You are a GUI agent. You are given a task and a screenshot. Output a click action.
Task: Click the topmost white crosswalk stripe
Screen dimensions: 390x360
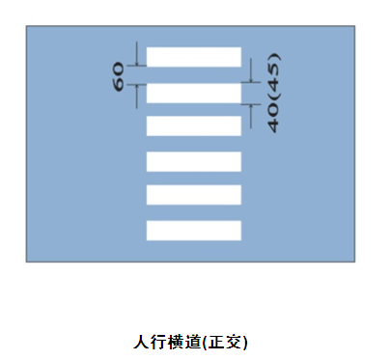tap(193, 56)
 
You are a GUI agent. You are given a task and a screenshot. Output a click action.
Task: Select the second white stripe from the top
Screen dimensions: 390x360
tap(193, 93)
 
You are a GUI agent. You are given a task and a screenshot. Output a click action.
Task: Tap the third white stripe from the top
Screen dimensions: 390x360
tap(193, 125)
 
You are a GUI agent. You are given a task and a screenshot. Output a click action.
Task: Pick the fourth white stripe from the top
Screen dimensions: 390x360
tap(193, 161)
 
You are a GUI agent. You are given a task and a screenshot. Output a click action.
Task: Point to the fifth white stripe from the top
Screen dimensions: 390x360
tap(193, 194)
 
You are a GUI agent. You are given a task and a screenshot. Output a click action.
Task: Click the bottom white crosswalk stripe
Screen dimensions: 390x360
tap(193, 230)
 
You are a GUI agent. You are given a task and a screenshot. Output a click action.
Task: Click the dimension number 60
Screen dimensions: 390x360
tap(119, 75)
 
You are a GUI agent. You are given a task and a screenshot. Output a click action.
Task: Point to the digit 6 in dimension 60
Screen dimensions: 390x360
tap(119, 82)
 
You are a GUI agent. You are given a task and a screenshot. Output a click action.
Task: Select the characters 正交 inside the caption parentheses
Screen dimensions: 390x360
tap(230, 342)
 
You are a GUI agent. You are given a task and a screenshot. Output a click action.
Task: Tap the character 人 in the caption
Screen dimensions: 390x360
tap(140, 342)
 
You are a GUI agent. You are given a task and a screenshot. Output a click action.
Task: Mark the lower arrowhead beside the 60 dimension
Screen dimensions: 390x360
tap(137, 87)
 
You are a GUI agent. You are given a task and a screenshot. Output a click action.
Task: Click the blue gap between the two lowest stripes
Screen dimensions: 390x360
tap(193, 212)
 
